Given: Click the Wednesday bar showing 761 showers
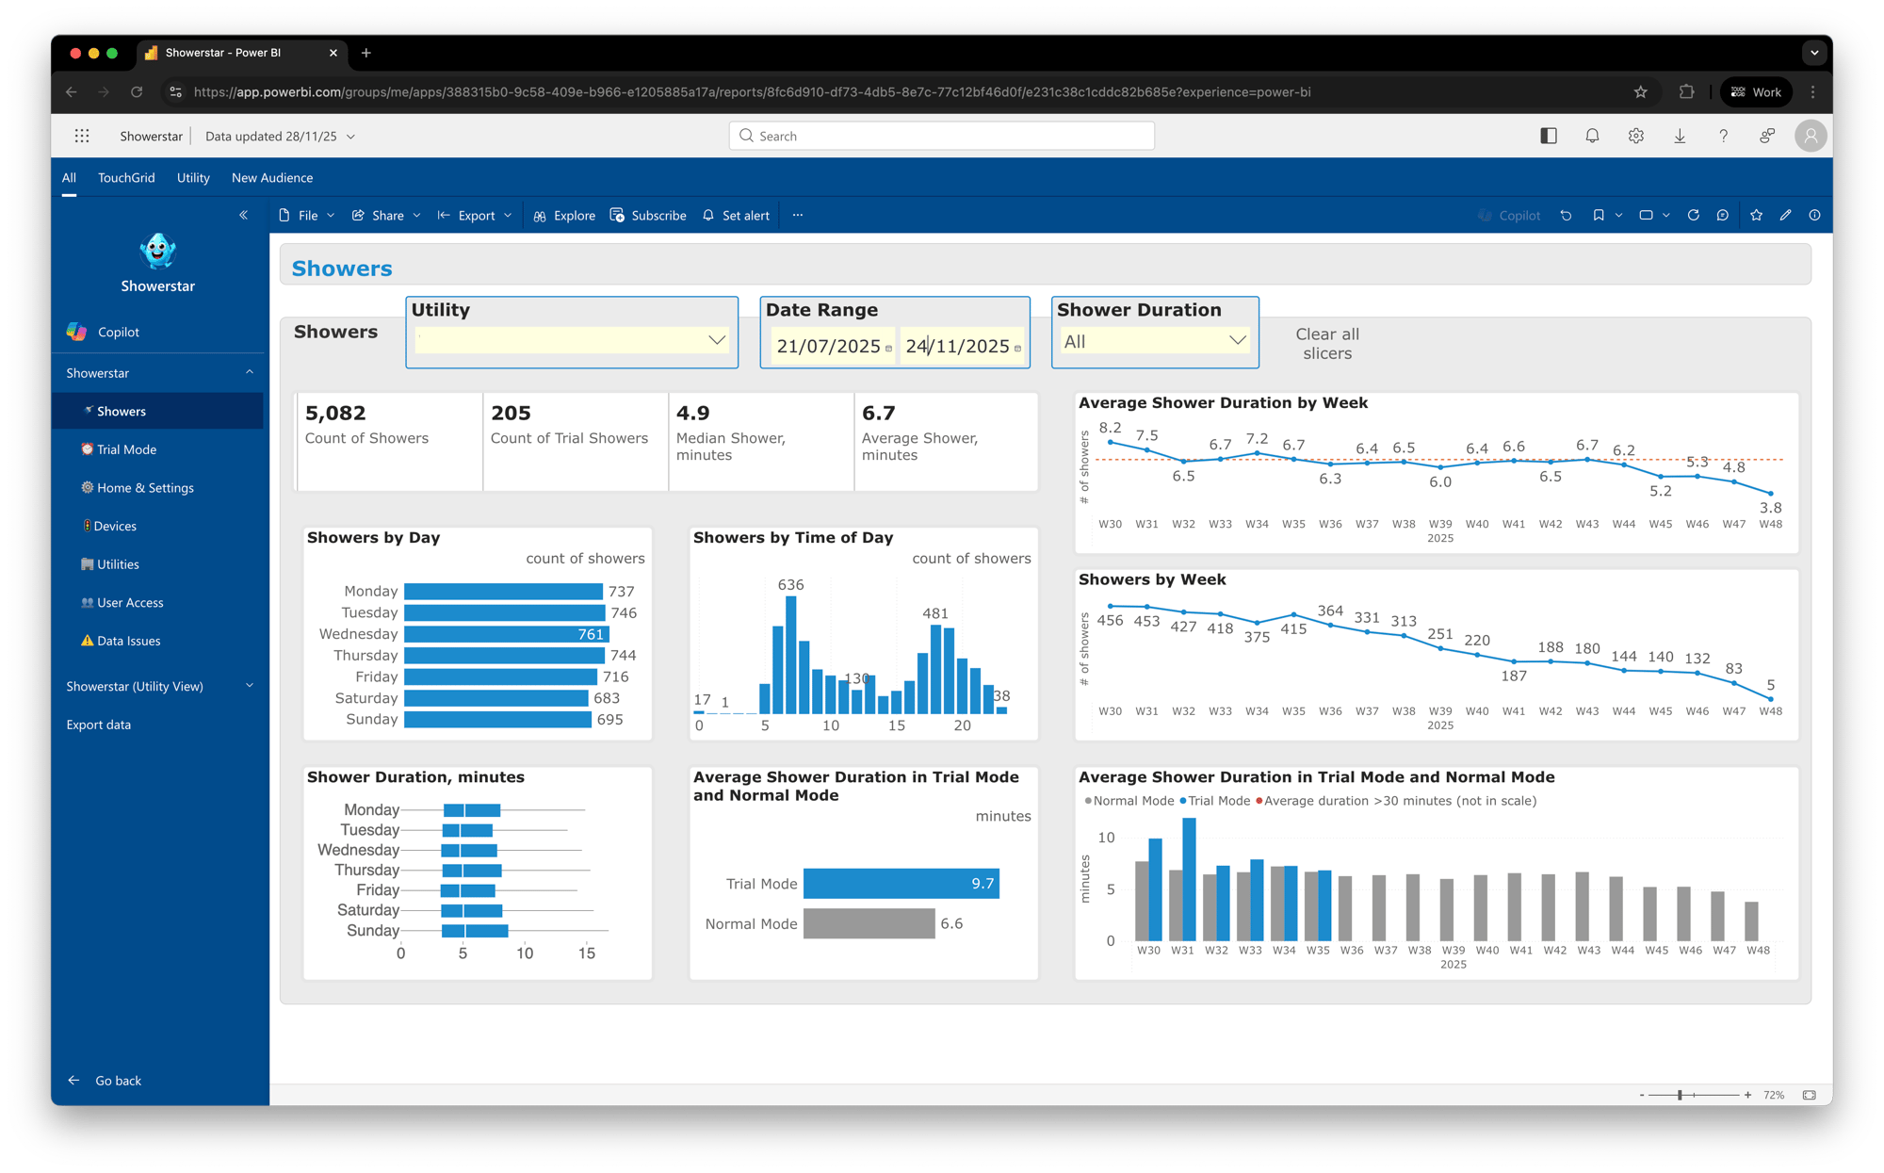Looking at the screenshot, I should tap(506, 634).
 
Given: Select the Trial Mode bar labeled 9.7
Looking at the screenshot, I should tap(900, 884).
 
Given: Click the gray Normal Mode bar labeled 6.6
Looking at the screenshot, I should tap(868, 923).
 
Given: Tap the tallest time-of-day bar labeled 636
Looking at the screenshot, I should tap(790, 655).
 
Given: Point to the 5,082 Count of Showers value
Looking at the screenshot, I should tap(335, 414).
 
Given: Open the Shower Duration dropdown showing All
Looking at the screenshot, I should tap(1155, 341).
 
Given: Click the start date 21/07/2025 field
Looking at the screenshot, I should tap(829, 347).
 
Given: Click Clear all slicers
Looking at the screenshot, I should tap(1326, 344).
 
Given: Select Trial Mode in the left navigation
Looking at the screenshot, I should tap(126, 449).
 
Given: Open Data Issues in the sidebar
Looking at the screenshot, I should tap(128, 641).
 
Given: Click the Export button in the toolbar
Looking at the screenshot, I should tap(476, 216).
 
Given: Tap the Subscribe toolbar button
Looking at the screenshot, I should tap(648, 216).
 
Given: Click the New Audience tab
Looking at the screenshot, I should tap(271, 178).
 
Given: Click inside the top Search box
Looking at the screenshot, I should tap(942, 136).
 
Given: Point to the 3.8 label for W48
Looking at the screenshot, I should tap(1770, 508).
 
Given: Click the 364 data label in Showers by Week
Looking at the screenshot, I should tap(1329, 611).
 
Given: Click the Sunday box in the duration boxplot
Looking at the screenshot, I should tap(475, 931).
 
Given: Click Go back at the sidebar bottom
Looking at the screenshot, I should tap(117, 1081).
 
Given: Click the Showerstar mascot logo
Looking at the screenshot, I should tap(157, 252).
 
